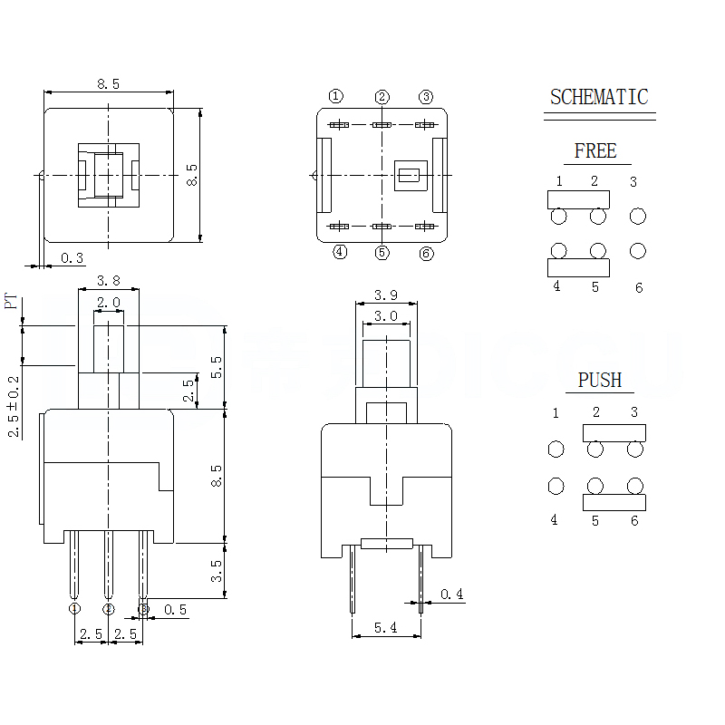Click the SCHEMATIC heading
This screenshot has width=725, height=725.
pyautogui.click(x=599, y=97)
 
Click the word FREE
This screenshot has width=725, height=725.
pyautogui.click(x=595, y=151)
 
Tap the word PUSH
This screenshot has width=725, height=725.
pyautogui.click(x=600, y=380)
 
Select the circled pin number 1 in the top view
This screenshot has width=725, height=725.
pyautogui.click(x=336, y=96)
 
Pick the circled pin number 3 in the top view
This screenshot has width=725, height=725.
pyautogui.click(x=426, y=97)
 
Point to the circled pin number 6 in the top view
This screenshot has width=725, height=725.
pyautogui.click(x=426, y=254)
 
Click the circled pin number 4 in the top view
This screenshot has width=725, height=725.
pyautogui.click(x=339, y=252)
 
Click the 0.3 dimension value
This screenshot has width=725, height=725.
pyautogui.click(x=72, y=258)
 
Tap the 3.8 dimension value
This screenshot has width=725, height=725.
pyautogui.click(x=109, y=280)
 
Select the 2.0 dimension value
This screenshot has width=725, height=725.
pyautogui.click(x=109, y=302)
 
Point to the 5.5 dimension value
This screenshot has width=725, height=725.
pyautogui.click(x=216, y=367)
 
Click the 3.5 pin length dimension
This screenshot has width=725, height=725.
pyautogui.click(x=216, y=570)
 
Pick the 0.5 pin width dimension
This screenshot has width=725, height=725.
pyautogui.click(x=176, y=610)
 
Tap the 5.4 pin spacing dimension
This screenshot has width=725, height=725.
pyautogui.click(x=386, y=626)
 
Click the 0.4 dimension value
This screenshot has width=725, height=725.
pyautogui.click(x=451, y=594)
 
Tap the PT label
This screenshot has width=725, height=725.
pyautogui.click(x=12, y=301)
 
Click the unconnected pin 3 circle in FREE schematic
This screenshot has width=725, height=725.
pyautogui.click(x=638, y=216)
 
